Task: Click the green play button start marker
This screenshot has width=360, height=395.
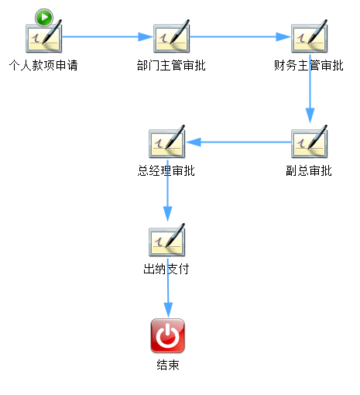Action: click(x=44, y=17)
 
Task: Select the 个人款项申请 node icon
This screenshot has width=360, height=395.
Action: click(x=44, y=36)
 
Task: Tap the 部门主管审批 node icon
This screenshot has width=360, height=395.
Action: click(x=172, y=36)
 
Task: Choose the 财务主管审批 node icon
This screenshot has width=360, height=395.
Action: click(x=310, y=36)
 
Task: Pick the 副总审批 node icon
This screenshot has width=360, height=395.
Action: click(x=310, y=142)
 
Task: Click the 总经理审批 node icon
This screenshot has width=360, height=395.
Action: click(x=167, y=142)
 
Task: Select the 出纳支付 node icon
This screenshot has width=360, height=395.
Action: click(x=167, y=240)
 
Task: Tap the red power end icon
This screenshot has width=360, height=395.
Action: click(x=168, y=335)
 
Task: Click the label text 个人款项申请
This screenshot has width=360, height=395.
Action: click(x=43, y=65)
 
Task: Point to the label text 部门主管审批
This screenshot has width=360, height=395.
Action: click(x=171, y=65)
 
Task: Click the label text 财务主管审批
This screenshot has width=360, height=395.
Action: click(x=309, y=65)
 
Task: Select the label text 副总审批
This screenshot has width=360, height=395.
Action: click(x=309, y=170)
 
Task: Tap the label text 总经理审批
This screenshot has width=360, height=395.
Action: click(x=166, y=170)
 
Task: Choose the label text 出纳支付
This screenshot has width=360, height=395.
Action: click(x=166, y=269)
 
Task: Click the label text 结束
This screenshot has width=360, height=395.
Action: click(x=168, y=365)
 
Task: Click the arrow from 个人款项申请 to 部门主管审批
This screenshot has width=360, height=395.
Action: click(x=108, y=36)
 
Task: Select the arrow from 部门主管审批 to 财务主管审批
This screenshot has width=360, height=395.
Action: click(x=241, y=36)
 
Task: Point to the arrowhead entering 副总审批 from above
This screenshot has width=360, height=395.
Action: click(x=310, y=115)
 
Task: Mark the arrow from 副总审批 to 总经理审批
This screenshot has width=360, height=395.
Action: click(x=238, y=142)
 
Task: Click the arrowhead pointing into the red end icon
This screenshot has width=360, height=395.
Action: click(x=168, y=310)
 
